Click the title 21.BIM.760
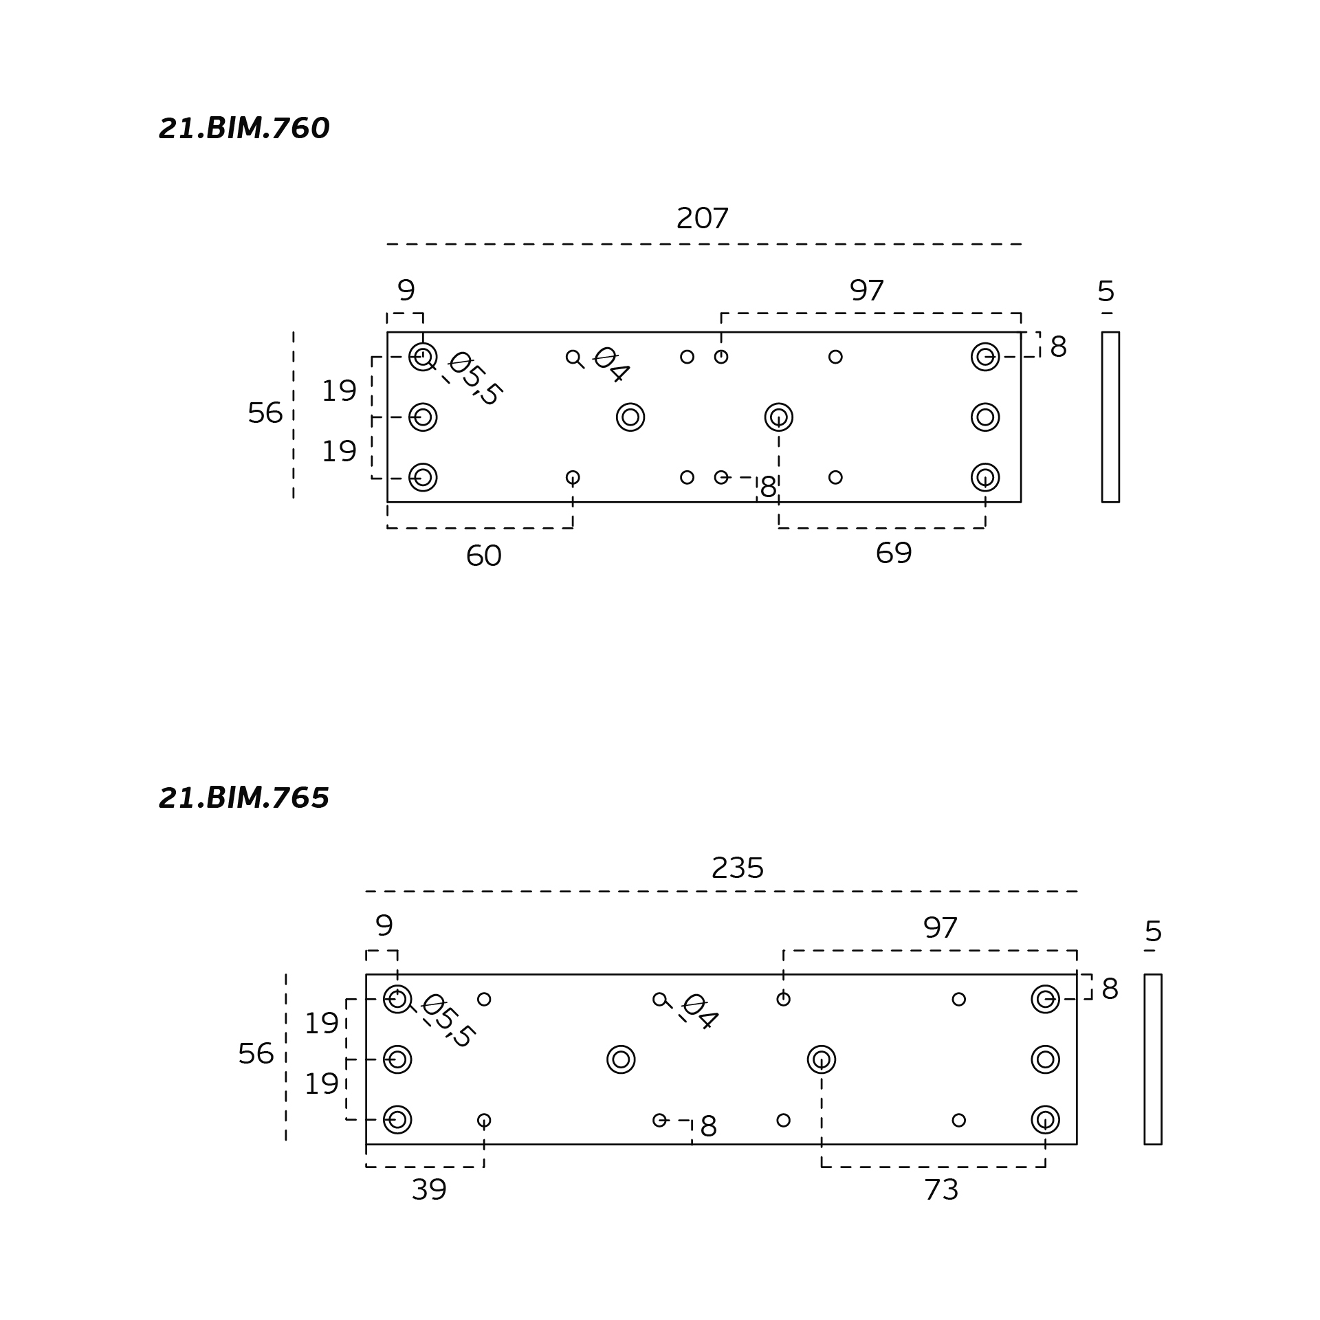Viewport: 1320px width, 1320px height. [244, 129]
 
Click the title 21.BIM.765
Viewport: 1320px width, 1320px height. [244, 798]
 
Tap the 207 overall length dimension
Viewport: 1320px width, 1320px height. [702, 219]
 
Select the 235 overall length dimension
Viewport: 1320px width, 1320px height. [737, 868]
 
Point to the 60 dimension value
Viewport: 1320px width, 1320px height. [483, 555]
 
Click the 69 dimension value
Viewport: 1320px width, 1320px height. [893, 553]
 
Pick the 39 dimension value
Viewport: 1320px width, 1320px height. [428, 1189]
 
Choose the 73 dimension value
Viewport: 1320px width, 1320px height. [940, 1189]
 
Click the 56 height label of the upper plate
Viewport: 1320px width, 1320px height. [265, 413]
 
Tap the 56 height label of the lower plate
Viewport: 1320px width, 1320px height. [256, 1054]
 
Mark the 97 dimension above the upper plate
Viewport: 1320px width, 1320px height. [866, 291]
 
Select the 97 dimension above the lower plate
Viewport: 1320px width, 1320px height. [940, 928]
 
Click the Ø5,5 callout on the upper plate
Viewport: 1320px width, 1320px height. [475, 379]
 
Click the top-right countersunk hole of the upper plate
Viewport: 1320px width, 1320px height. [985, 357]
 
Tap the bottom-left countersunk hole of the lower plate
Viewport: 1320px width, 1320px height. [397, 1120]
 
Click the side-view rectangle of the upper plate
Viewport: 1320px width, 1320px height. [1110, 417]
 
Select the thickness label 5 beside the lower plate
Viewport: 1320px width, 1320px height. [1153, 932]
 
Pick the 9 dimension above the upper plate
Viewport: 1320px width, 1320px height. [406, 290]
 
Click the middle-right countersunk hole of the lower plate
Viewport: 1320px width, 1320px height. [1045, 1059]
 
